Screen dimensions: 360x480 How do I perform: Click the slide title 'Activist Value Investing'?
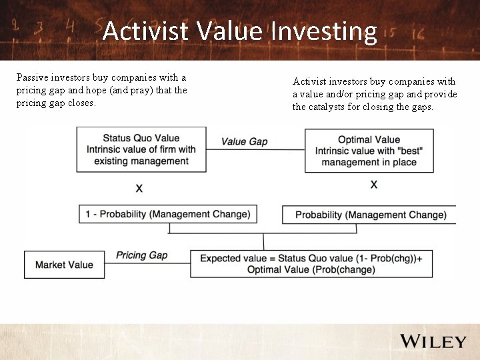tap(240, 31)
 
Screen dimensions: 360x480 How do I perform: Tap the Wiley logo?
tap(433, 341)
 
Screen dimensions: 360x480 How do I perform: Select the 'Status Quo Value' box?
tap(141, 150)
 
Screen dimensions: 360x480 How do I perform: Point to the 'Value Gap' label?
tap(244, 141)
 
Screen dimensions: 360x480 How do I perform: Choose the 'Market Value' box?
tap(64, 265)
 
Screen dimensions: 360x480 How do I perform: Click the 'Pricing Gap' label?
tap(141, 255)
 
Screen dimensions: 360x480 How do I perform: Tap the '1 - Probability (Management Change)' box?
tap(168, 214)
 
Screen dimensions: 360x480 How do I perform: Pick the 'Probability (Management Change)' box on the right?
tap(371, 215)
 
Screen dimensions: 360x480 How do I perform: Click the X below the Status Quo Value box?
tap(139, 189)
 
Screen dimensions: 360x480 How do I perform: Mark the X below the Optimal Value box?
tap(373, 184)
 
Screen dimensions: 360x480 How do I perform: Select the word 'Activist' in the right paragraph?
tap(310, 81)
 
